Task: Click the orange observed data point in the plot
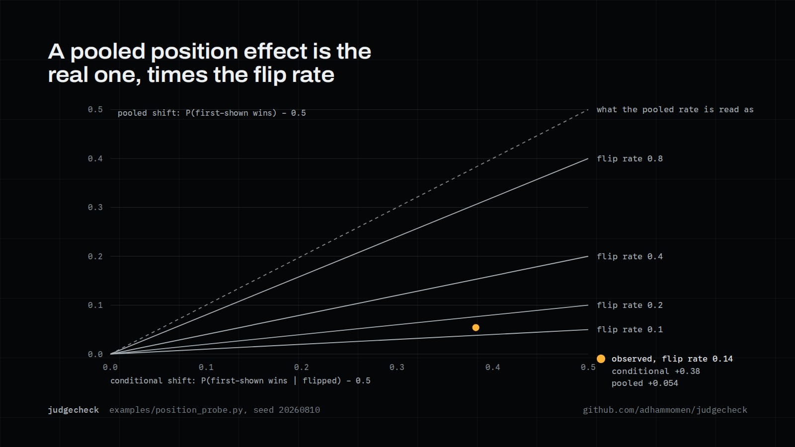(476, 327)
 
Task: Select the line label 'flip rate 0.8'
(630, 158)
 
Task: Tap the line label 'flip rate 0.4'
(630, 256)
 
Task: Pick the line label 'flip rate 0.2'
(630, 305)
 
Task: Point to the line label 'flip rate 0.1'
(630, 330)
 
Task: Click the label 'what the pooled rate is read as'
(675, 110)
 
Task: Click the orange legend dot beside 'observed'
(601, 359)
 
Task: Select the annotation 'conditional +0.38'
(656, 371)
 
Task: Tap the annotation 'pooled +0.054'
(645, 383)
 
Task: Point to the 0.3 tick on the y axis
(95, 207)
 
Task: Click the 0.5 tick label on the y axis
(95, 109)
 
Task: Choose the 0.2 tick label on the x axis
(301, 367)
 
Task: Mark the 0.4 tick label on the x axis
(492, 367)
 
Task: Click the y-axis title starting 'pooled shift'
(212, 113)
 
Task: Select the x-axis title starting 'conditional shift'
(240, 380)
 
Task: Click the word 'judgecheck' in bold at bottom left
(74, 410)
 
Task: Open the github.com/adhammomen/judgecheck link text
(665, 410)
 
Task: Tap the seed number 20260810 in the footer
(299, 410)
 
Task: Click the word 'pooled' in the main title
(108, 52)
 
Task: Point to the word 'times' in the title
(177, 75)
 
